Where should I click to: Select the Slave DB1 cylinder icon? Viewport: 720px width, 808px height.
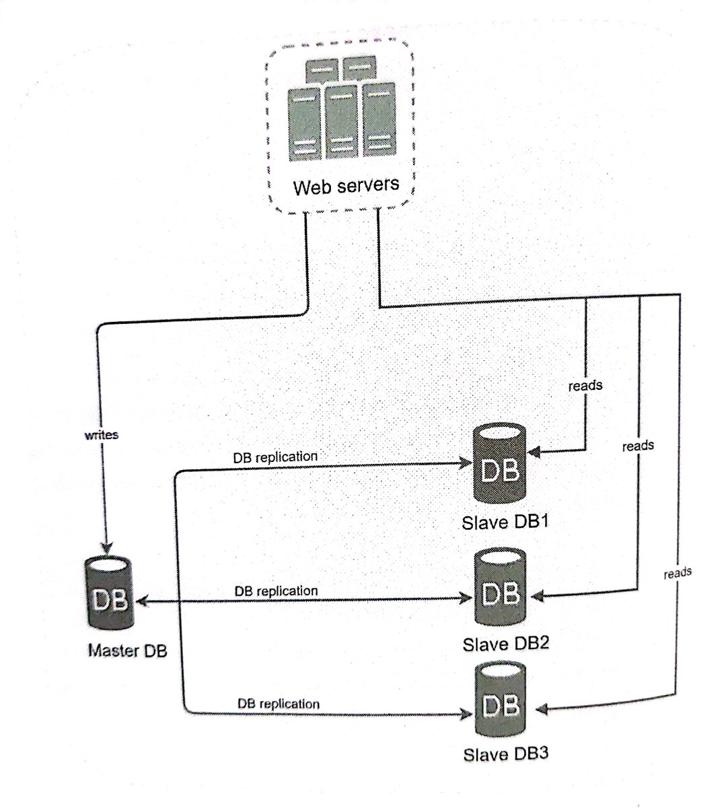coord(500,464)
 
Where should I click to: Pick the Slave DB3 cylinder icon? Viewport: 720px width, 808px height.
coord(501,703)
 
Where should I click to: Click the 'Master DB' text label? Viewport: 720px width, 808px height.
coord(127,651)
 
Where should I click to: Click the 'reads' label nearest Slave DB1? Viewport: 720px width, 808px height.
coord(585,386)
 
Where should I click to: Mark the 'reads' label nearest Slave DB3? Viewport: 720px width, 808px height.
coord(677,573)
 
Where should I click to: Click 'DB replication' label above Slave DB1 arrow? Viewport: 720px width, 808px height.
coord(275,457)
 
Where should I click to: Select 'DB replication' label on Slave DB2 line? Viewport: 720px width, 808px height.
coord(276,591)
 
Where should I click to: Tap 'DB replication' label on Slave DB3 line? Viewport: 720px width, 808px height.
coord(278,704)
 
